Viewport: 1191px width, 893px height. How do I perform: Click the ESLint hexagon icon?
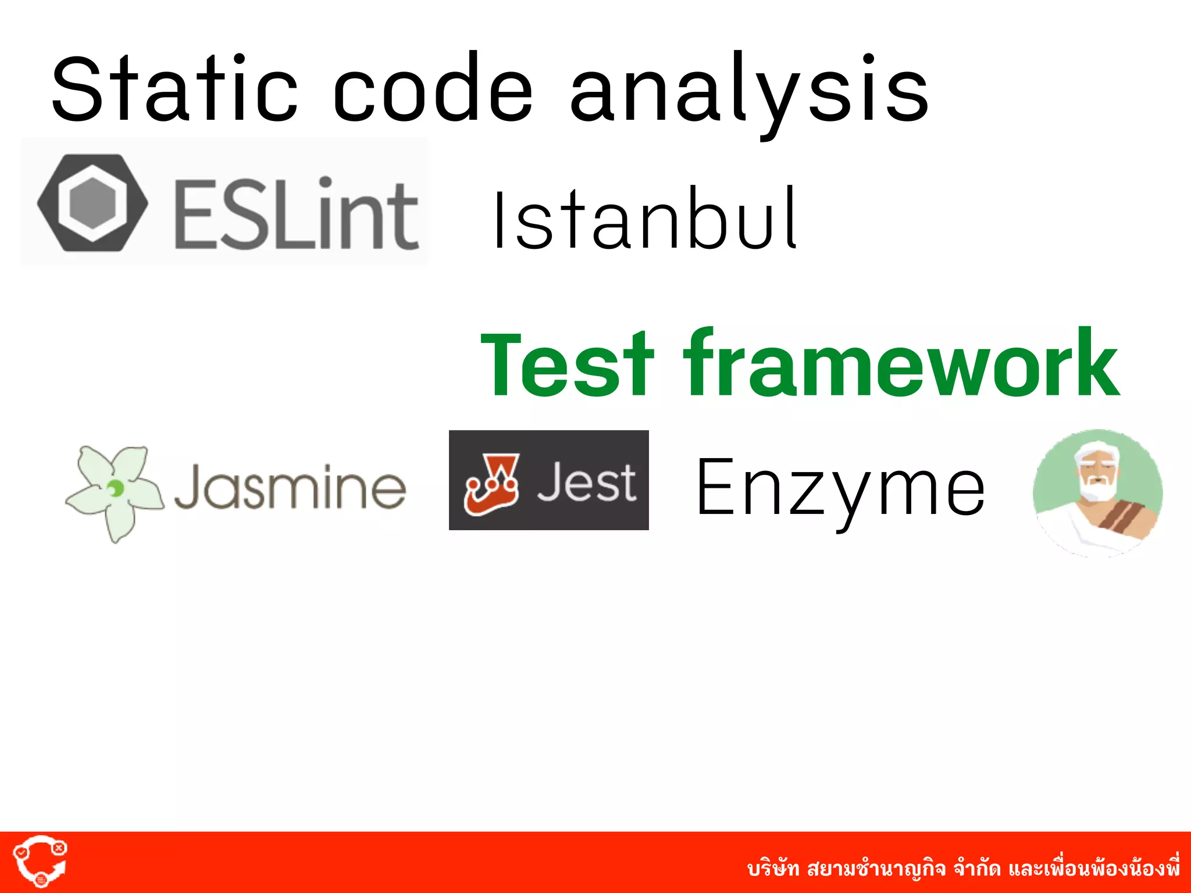92,202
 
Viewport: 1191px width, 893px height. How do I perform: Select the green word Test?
567,363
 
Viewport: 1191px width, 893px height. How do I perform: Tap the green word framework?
901,363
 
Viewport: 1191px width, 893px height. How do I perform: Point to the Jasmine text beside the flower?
290,487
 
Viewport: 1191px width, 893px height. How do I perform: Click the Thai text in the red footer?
963,869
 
